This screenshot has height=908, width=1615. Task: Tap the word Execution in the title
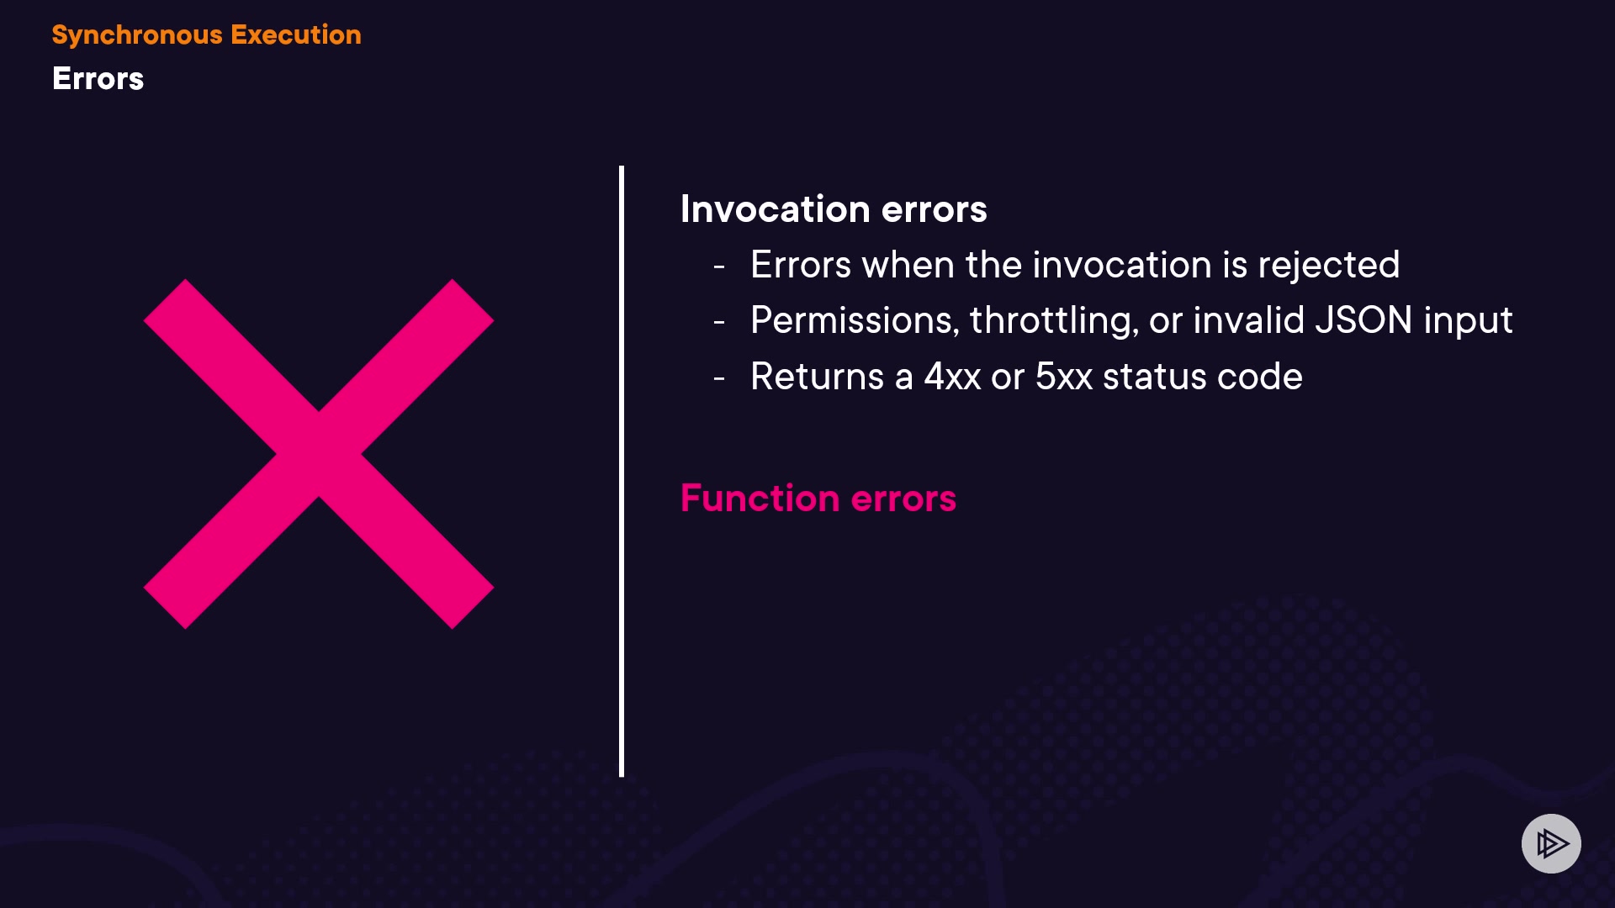[296, 34]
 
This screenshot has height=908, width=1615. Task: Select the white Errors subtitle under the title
[98, 78]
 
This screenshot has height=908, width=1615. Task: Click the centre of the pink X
[319, 454]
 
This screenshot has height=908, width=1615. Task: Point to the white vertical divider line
[622, 471]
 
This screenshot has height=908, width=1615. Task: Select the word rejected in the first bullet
[1329, 266]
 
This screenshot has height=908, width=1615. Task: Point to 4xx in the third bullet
[952, 377]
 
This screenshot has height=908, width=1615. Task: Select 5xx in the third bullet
[1064, 377]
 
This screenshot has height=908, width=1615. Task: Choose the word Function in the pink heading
[760, 498]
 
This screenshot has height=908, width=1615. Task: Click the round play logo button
[1551, 843]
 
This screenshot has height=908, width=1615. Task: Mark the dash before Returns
[719, 378]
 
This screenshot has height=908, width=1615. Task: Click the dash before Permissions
[719, 322]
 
